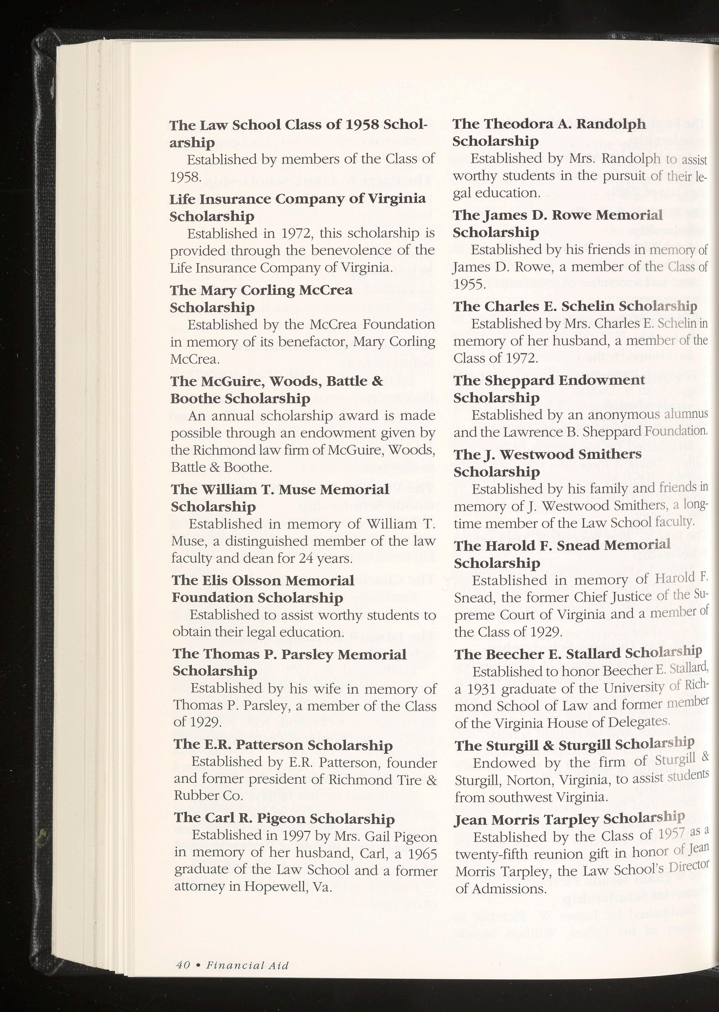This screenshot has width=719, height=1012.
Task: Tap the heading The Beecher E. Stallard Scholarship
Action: coord(578,654)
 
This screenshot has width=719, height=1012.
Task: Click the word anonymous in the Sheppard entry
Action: coord(624,415)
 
